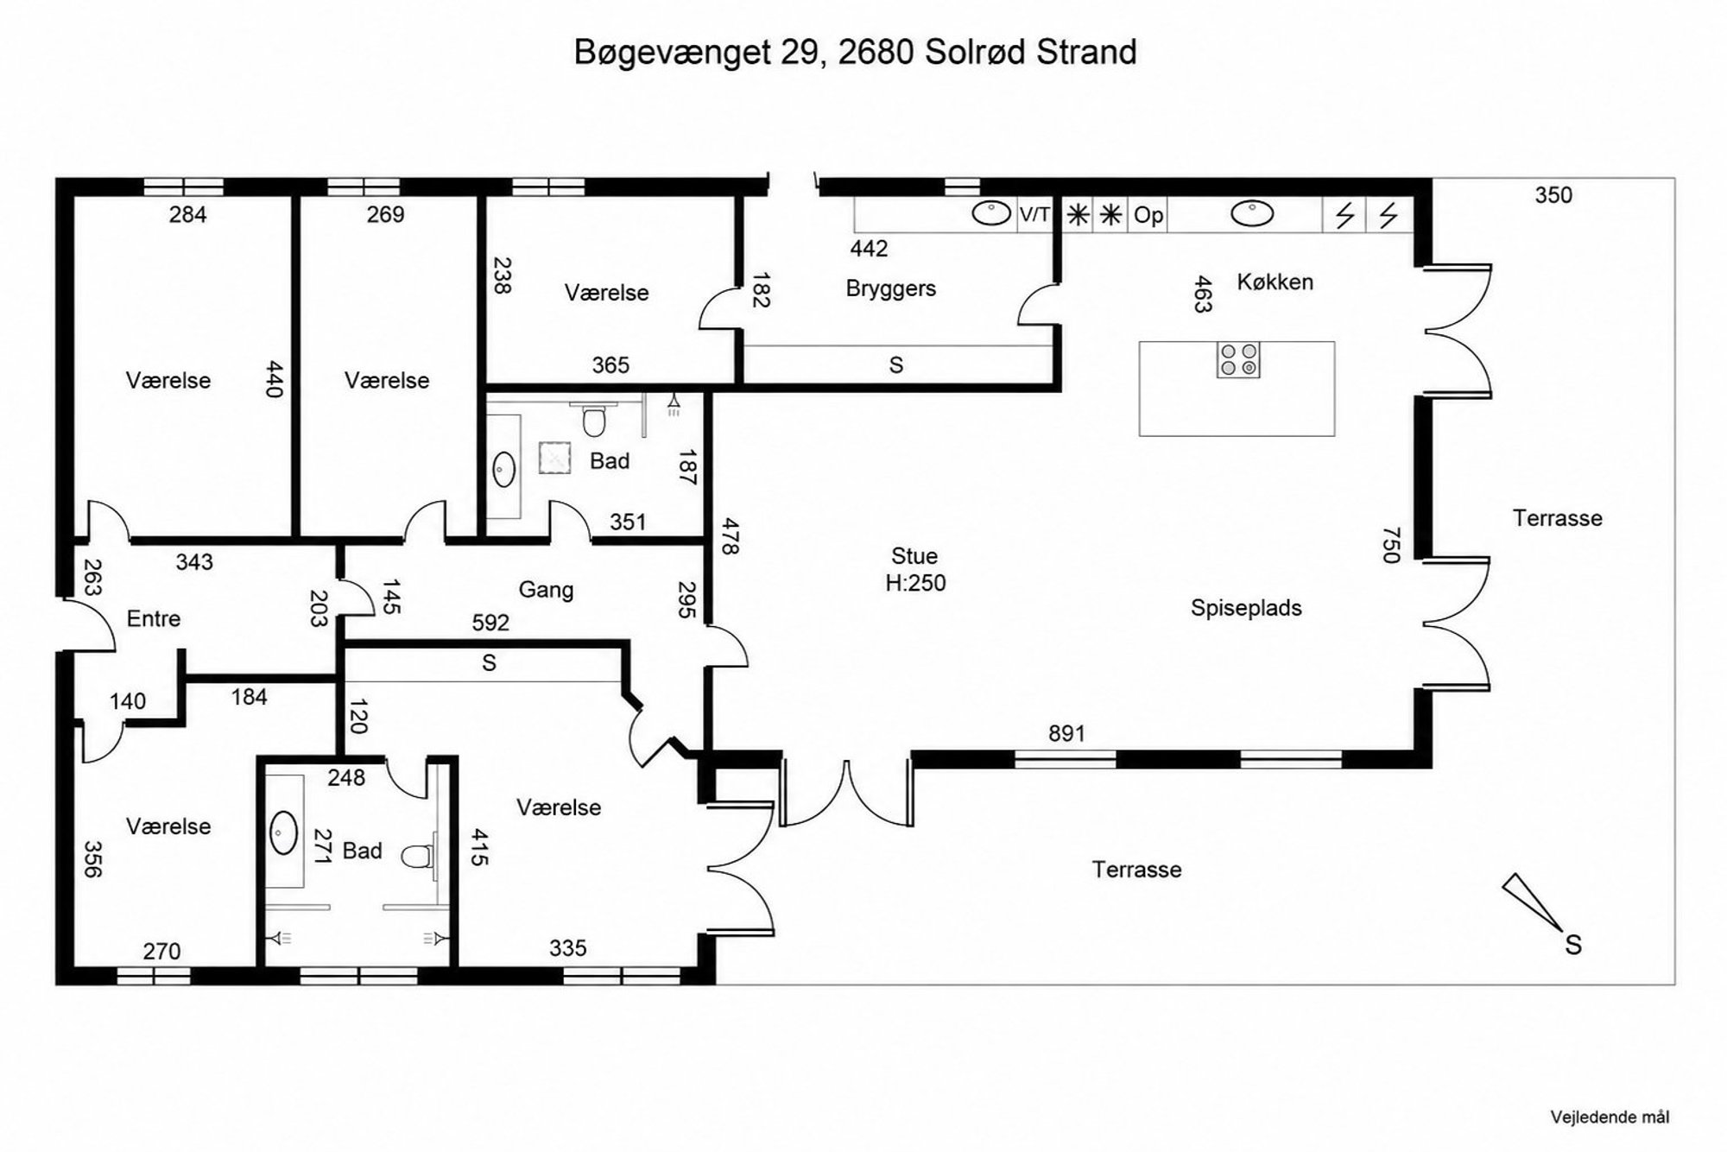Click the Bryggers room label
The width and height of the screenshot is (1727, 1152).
click(890, 288)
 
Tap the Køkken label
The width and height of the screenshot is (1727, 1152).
click(1275, 282)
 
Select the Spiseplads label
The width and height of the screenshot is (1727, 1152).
click(1246, 608)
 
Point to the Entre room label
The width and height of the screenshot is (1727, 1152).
click(154, 618)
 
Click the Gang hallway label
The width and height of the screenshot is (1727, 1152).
click(546, 590)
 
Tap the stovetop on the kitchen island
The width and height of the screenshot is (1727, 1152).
click(1238, 359)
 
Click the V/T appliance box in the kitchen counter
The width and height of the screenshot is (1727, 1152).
click(1034, 214)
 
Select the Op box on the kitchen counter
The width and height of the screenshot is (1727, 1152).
click(1148, 215)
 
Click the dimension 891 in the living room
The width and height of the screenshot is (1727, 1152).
click(1066, 733)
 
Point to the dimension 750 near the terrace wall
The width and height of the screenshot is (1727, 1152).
click(1390, 545)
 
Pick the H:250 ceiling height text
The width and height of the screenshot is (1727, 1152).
click(915, 583)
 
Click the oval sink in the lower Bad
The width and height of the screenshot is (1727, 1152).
click(283, 832)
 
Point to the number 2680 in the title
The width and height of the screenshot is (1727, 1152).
click(876, 52)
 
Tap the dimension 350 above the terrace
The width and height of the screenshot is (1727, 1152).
click(1553, 195)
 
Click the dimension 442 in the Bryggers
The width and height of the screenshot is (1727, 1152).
click(869, 249)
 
